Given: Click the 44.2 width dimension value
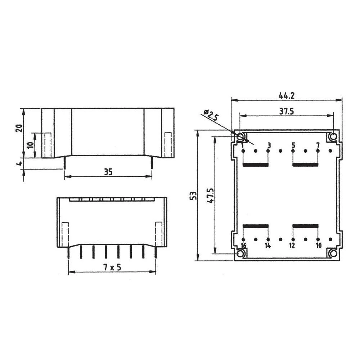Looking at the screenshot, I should (x=287, y=96).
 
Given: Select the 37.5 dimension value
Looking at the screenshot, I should (x=287, y=111).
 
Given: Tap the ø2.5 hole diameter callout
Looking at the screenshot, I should (x=212, y=115).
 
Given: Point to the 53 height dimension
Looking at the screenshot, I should (x=193, y=195).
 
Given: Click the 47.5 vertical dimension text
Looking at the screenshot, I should (x=211, y=195).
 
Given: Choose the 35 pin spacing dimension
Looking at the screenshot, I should (x=108, y=172).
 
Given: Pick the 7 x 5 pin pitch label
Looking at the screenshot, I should (x=112, y=267).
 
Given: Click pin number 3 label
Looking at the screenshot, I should (x=269, y=145).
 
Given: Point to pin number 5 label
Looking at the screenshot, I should (x=293, y=145).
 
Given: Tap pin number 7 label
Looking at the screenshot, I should (x=318, y=145).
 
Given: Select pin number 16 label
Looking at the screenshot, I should (x=243, y=246).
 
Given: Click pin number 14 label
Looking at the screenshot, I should (x=267, y=246).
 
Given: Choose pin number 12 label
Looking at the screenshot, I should (x=292, y=246).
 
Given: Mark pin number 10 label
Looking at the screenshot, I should (x=318, y=246).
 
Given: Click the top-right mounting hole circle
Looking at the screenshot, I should (x=333, y=137).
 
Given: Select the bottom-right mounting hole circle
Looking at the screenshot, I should (x=333, y=254).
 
